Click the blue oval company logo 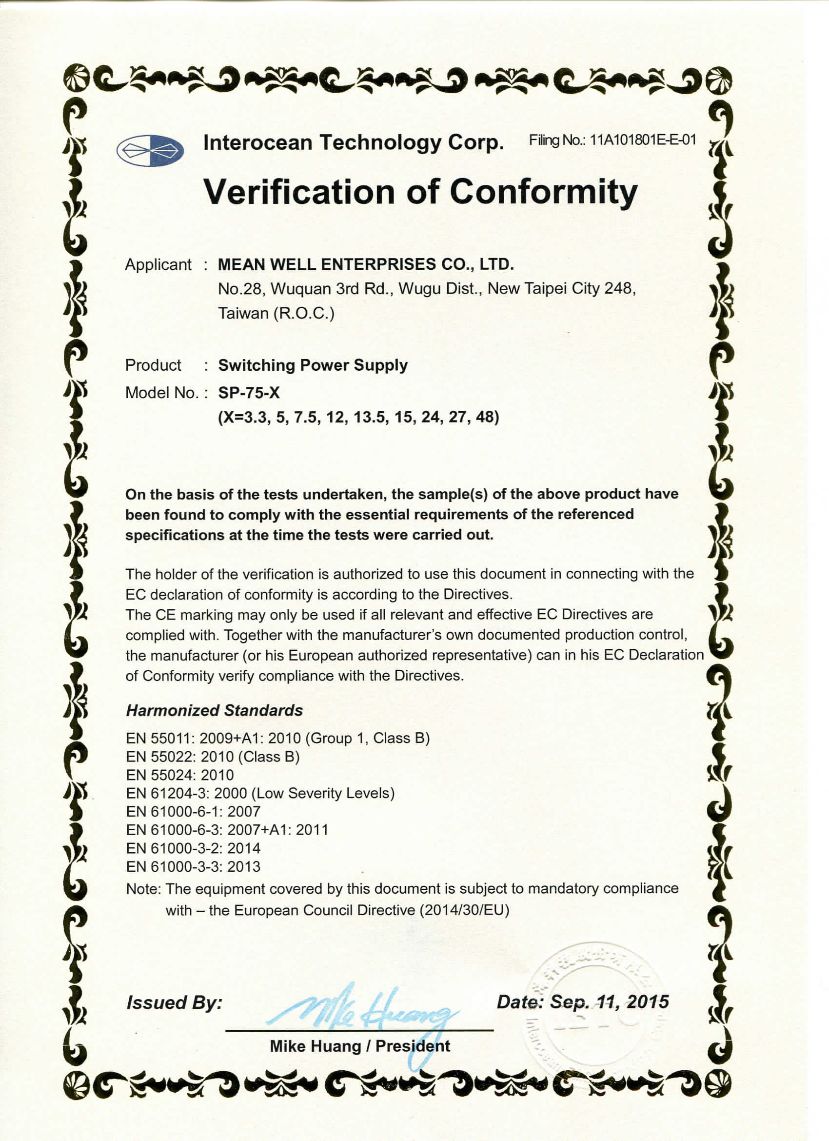tap(150, 150)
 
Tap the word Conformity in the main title tap(543, 192)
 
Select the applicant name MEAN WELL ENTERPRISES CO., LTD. tap(366, 264)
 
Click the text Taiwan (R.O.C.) tap(276, 314)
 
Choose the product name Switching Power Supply tap(313, 365)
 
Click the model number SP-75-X tap(249, 392)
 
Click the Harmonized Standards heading tap(214, 710)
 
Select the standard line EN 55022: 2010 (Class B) tap(213, 757)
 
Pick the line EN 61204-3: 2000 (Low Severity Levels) tap(260, 793)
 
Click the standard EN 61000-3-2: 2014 tap(193, 848)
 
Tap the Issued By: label tap(174, 1002)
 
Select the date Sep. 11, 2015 tap(609, 1001)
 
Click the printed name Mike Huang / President tap(360, 1046)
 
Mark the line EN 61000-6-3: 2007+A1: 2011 tap(227, 830)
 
